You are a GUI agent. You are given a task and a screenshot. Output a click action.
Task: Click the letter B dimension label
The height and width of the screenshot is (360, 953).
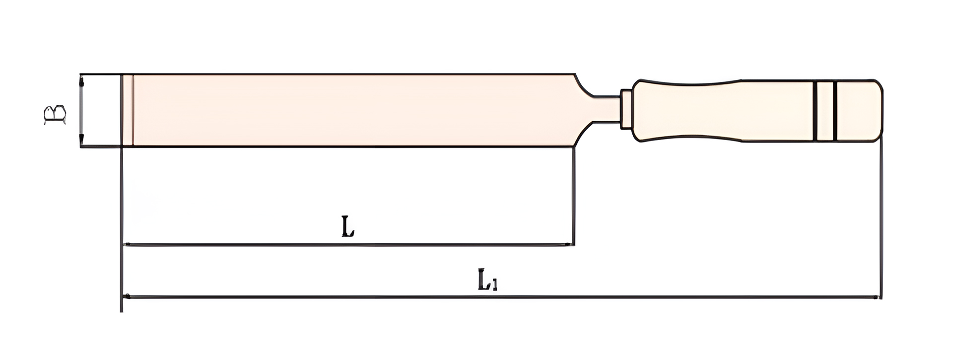click(55, 114)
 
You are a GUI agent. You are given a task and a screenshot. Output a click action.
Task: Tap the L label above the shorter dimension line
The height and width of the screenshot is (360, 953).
click(348, 226)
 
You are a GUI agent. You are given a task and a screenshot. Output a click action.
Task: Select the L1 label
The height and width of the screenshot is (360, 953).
click(487, 280)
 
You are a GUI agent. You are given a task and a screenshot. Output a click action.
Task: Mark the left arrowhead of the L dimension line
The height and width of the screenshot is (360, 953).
click(128, 244)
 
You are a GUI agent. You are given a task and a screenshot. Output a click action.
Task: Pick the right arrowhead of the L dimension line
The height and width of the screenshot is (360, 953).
click(568, 244)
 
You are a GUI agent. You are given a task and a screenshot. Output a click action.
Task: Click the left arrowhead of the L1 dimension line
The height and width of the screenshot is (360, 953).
click(128, 296)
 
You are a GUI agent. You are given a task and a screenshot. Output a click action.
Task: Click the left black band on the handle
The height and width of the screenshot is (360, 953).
click(815, 111)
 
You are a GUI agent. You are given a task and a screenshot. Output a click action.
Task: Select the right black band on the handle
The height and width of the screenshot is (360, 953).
click(835, 111)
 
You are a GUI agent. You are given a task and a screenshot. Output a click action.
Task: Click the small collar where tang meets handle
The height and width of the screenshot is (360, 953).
click(626, 109)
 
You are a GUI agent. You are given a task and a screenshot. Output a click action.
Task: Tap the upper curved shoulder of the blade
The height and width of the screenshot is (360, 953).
click(583, 86)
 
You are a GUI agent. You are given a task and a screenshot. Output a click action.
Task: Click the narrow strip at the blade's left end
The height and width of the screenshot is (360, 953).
click(128, 110)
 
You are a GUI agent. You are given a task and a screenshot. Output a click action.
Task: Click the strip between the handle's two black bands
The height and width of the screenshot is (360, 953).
click(825, 111)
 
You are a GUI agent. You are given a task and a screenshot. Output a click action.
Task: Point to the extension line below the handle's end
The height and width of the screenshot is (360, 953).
click(881, 218)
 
